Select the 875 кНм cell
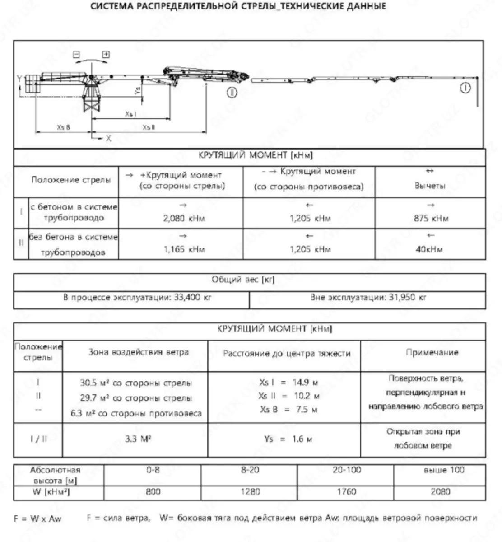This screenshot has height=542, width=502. [431, 219]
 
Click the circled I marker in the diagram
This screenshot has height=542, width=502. [465, 88]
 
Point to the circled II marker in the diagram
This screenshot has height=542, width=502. [232, 93]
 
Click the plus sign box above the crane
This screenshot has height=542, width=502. [106, 55]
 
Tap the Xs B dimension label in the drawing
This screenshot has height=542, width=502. [64, 127]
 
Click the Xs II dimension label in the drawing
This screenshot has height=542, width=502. [149, 127]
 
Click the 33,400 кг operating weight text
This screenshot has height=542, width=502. [137, 298]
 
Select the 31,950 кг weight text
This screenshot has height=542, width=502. [368, 298]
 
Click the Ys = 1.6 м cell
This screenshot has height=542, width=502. [288, 439]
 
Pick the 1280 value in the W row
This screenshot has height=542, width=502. [250, 491]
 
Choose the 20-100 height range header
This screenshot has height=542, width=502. [346, 470]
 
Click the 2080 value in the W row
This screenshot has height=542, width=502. [440, 491]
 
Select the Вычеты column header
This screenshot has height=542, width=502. [430, 186]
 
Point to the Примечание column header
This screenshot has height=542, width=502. [432, 353]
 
